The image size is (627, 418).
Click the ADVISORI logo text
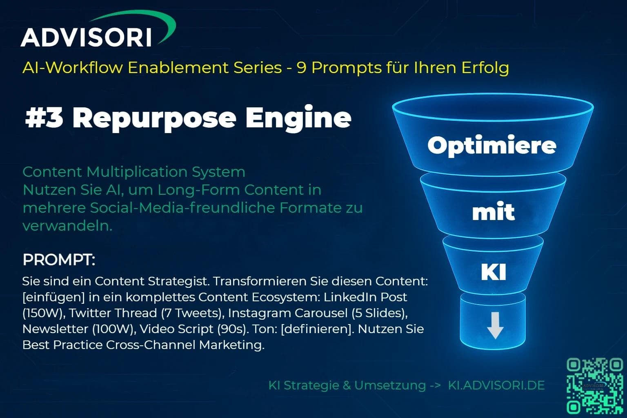point(86,37)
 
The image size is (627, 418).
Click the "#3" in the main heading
point(44,118)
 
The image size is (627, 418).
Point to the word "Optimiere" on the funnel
point(492,146)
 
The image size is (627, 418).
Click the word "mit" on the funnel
point(493,211)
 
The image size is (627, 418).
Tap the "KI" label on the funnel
point(493,272)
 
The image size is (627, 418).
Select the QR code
point(595,386)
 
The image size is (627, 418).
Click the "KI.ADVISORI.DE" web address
point(496,385)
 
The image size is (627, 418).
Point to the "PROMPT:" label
point(59,260)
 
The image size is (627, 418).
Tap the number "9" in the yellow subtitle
point(301,68)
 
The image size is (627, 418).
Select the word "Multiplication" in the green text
point(137,171)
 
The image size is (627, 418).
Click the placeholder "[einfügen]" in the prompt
point(53,297)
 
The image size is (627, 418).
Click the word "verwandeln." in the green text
point(67,226)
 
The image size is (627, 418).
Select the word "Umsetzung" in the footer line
point(390,385)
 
